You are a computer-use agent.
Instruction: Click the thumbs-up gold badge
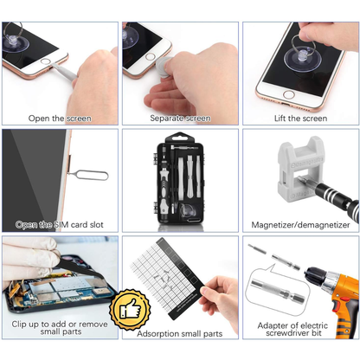(130, 310)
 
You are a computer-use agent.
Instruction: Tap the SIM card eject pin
(89, 175)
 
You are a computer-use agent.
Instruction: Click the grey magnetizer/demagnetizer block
(301, 169)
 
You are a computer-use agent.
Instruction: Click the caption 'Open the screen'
(60, 119)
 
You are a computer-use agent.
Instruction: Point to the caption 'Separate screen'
(180, 119)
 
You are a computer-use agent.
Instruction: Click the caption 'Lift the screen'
(300, 119)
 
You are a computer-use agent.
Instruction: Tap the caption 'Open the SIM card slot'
(60, 225)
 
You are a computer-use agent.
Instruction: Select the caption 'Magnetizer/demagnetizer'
(300, 225)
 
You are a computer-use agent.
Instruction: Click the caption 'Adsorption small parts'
(180, 334)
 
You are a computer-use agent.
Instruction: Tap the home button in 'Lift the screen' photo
(288, 94)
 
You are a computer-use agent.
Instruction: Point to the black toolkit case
(179, 179)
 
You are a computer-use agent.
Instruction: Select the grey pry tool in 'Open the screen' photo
(65, 72)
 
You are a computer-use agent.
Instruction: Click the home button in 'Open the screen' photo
(45, 61)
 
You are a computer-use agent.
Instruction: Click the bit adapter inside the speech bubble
(278, 291)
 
